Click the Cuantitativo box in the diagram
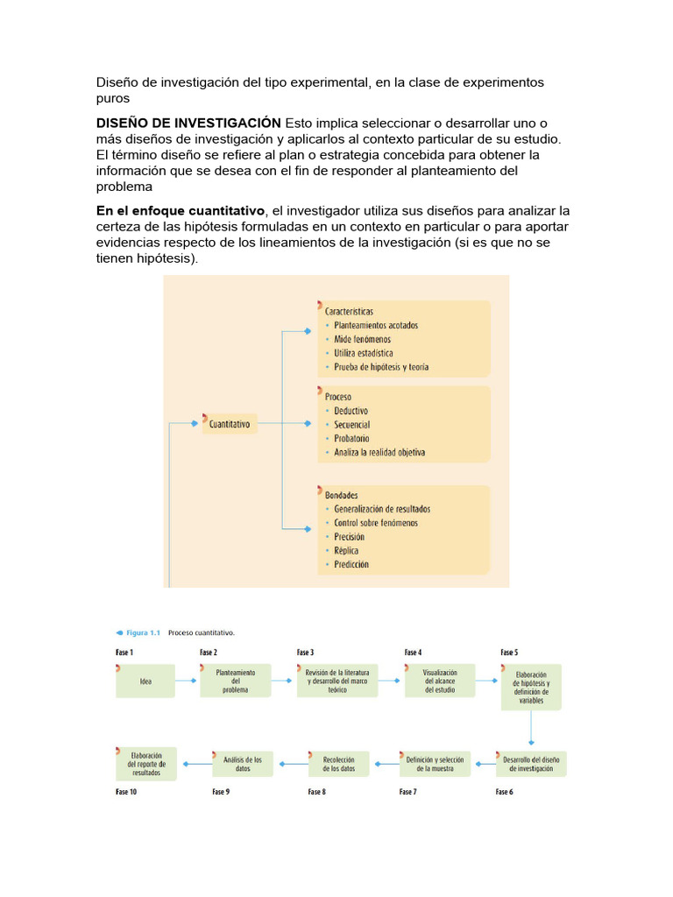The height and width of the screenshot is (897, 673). [x=229, y=424]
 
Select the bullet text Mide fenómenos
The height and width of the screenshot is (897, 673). [x=362, y=339]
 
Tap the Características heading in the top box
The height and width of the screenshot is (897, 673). [x=349, y=311]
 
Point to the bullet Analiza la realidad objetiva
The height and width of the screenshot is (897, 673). [x=379, y=453]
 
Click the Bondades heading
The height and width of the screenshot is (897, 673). [x=341, y=495]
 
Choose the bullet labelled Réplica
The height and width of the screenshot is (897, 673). [x=348, y=550]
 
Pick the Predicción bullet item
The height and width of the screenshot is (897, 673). [x=351, y=564]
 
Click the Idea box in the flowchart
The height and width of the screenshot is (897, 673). [x=145, y=681]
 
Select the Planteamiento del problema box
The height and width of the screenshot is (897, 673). [x=236, y=681]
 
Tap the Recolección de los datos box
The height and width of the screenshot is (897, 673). [x=338, y=763]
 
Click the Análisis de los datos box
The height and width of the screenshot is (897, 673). [x=243, y=763]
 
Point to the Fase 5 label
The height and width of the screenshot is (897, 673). [x=509, y=653]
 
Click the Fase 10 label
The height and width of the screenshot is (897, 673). [x=126, y=792]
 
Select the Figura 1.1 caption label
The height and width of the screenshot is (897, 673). [x=142, y=632]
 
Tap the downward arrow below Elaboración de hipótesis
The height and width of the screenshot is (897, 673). [x=531, y=727]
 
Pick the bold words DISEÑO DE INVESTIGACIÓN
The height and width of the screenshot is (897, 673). [x=188, y=122]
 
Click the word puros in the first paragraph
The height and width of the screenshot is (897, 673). [x=112, y=99]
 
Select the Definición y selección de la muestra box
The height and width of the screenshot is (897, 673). [x=435, y=763]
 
